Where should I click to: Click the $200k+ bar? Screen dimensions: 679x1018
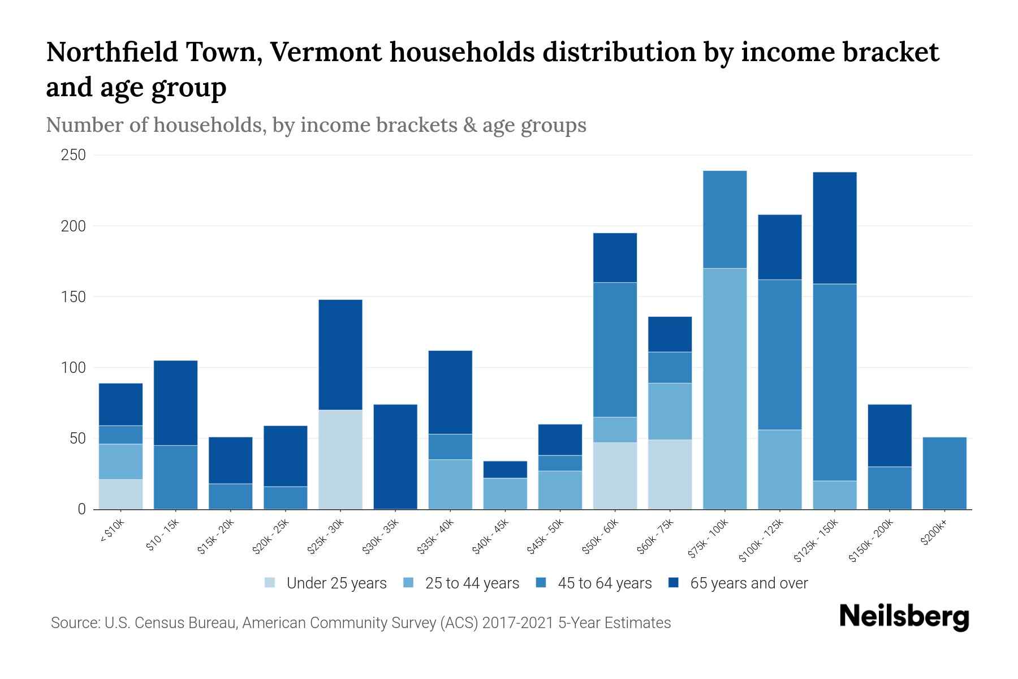[944, 473]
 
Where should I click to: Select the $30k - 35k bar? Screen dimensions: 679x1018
[395, 457]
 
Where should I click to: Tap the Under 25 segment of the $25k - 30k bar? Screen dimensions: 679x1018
[340, 459]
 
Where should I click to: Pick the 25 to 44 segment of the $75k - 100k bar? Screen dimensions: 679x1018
[724, 389]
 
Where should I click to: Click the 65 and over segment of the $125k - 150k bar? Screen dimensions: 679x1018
[835, 228]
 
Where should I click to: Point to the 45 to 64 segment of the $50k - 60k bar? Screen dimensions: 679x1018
[615, 350]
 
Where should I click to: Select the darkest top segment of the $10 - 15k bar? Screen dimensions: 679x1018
[175, 403]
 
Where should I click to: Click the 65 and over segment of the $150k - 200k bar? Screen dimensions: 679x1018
[890, 436]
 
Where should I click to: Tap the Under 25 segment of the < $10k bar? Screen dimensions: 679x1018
[120, 494]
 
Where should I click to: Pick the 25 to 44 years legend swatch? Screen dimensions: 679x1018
[409, 583]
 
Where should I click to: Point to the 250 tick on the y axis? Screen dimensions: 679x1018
[73, 155]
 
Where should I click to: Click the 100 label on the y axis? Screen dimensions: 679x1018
[73, 368]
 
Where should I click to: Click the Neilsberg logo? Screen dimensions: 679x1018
[904, 617]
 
